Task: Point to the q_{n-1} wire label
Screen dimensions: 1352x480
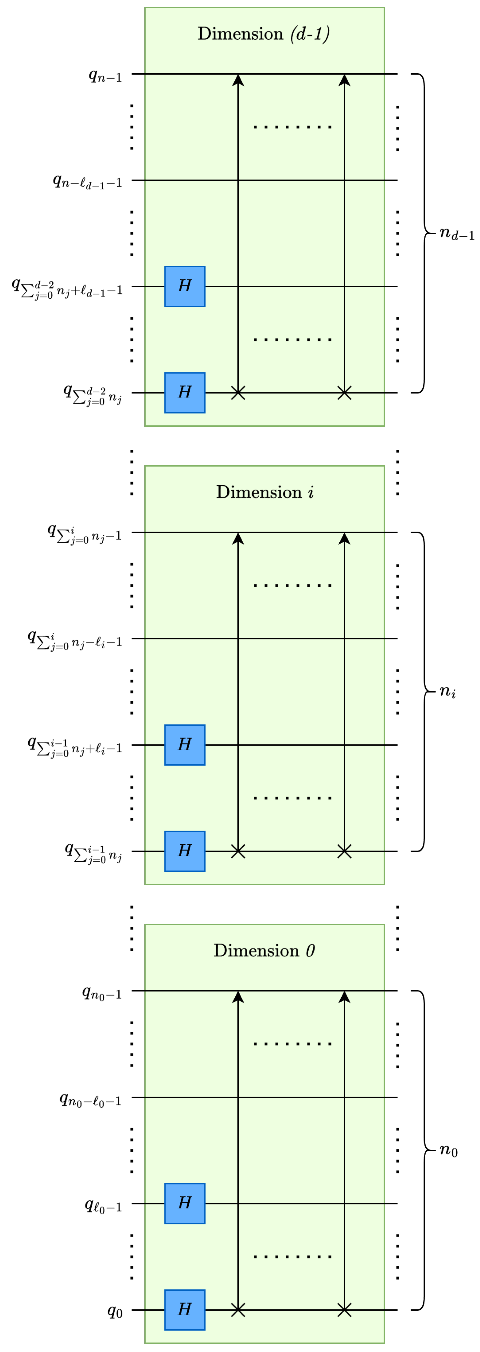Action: click(x=105, y=76)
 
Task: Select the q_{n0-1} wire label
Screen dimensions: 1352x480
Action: click(x=102, y=993)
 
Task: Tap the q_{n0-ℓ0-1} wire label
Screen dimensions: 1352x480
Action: click(x=90, y=1100)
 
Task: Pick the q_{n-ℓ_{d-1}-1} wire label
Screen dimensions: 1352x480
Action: click(x=87, y=182)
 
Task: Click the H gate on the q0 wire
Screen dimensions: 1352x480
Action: click(x=185, y=1309)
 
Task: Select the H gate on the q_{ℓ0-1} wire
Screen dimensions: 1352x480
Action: click(x=185, y=1204)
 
